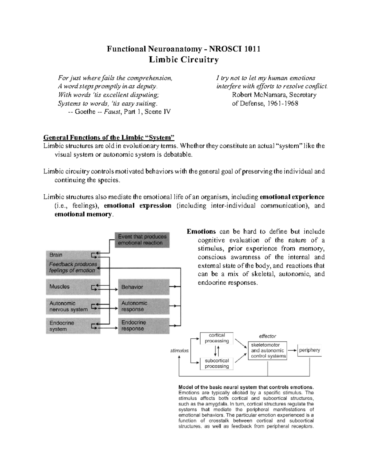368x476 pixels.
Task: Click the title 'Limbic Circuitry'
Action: click(184, 59)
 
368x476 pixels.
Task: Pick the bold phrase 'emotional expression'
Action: click(137, 206)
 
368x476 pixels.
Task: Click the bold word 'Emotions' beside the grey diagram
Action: click(201, 231)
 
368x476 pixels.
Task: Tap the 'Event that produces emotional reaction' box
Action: click(142, 240)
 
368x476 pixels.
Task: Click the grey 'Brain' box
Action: click(73, 255)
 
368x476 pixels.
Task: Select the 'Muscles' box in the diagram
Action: click(73, 287)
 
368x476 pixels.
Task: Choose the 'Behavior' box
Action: click(144, 287)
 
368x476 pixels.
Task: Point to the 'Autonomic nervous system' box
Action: click(73, 306)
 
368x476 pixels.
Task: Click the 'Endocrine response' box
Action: click(144, 326)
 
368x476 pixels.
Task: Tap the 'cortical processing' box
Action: click(217, 338)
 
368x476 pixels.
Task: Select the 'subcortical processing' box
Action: click(217, 364)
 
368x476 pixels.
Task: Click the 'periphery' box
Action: click(309, 350)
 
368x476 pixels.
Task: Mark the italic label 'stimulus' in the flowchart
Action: click(179, 351)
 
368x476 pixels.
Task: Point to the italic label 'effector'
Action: click(267, 336)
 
